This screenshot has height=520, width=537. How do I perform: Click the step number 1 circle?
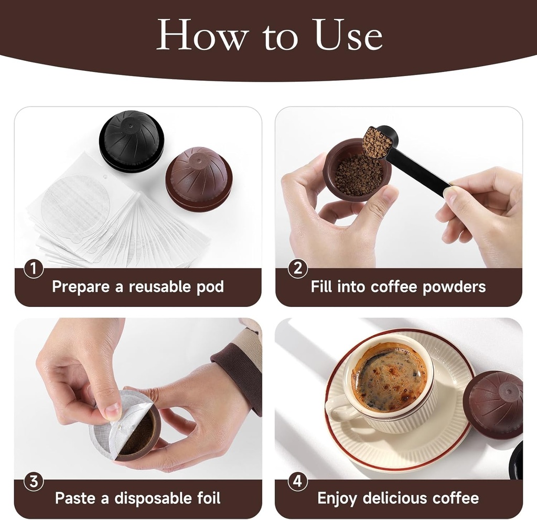tap(34, 270)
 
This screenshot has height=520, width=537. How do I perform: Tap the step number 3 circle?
tap(34, 482)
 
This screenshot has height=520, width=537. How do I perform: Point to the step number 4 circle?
tap(298, 482)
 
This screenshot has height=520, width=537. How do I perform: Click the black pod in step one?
tap(131, 139)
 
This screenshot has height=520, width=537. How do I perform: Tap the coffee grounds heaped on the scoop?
tap(377, 142)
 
